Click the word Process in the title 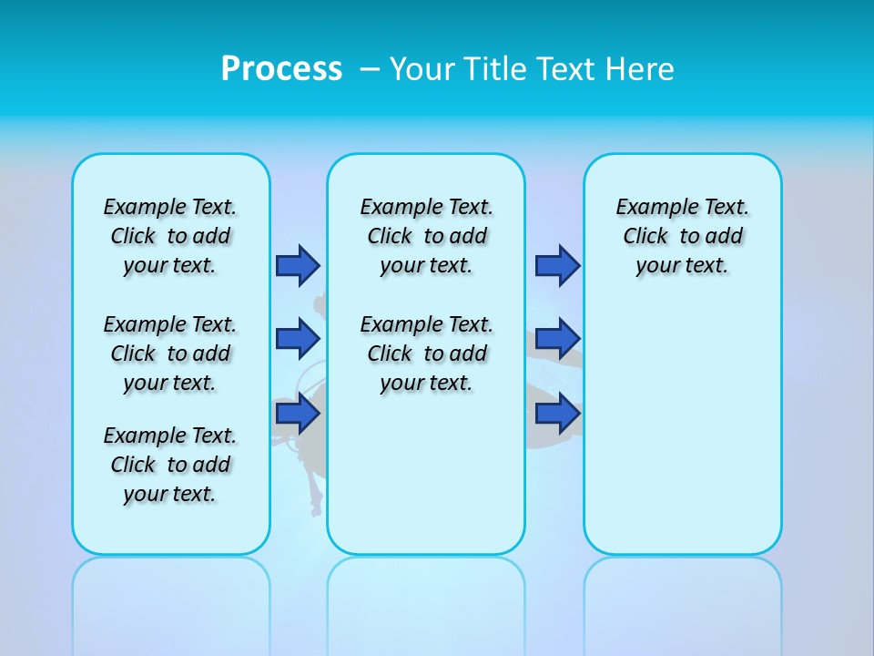(x=281, y=68)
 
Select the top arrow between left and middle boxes (x=298, y=265)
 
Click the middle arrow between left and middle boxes (x=298, y=339)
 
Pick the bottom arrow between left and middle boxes (x=298, y=415)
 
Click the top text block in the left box (x=170, y=236)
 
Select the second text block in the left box (x=170, y=354)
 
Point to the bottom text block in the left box (x=170, y=465)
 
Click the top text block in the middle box (x=426, y=236)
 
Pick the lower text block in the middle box (x=426, y=354)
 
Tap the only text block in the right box (x=683, y=236)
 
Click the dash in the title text (x=370, y=68)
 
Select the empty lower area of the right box (x=683, y=437)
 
